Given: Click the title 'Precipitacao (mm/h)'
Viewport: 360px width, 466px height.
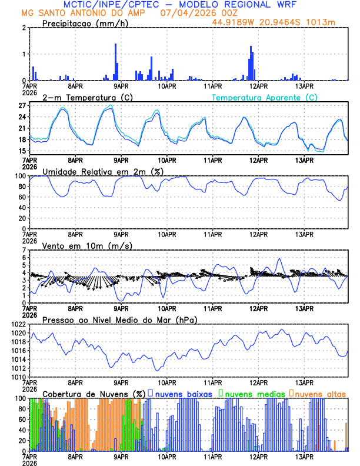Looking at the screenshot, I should click(84, 23).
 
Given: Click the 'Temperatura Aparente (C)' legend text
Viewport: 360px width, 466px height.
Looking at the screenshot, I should click(264, 97).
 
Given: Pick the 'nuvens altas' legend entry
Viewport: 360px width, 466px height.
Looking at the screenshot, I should click(320, 393).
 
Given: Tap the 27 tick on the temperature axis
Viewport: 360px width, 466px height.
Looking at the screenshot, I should click(22, 106).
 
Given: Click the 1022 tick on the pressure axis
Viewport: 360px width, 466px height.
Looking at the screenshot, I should click(19, 324).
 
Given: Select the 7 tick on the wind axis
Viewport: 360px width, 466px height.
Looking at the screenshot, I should click(24, 250).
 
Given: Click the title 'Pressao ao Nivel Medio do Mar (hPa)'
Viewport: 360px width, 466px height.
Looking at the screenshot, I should click(119, 319).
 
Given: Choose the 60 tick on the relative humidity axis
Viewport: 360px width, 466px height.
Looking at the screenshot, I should click(22, 197).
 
